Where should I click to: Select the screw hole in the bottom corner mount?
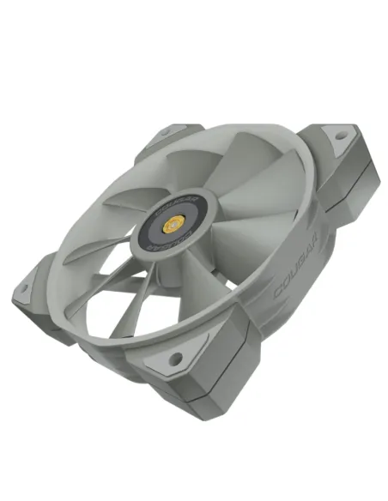pos(175,359)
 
